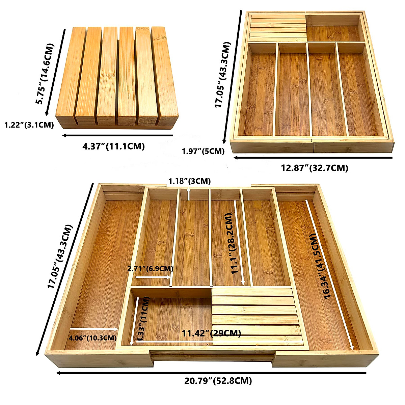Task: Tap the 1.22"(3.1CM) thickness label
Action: pos(29,125)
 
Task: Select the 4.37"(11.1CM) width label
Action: pos(114,146)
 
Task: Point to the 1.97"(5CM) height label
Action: pos(203,151)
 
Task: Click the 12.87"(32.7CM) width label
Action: pos(315,168)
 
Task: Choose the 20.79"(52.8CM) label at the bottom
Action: pos(218,381)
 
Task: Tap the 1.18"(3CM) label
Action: pos(190,181)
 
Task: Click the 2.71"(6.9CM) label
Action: pos(151,269)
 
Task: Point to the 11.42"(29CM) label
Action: pos(212,333)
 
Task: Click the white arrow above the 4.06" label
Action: pos(94,328)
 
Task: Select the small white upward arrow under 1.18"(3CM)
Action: pos(188,194)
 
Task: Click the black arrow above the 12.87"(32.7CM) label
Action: pos(313,158)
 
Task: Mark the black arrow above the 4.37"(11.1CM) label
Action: pos(117,136)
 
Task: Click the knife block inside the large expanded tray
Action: pos(256,317)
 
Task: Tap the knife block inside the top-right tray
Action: pos(277,28)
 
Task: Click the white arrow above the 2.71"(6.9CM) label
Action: pos(153,277)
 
